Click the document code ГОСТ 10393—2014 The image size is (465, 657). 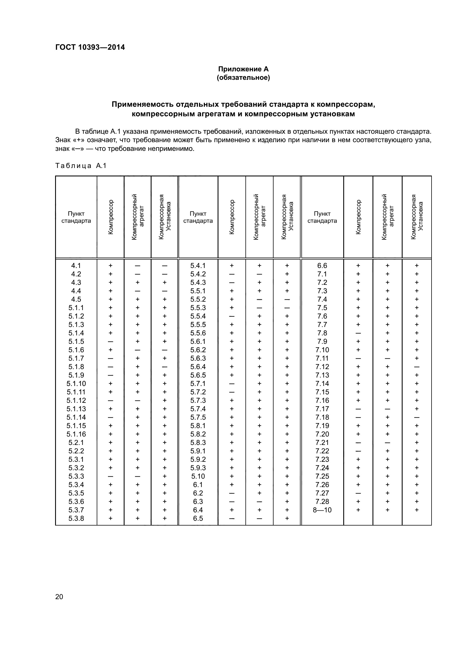[90, 47]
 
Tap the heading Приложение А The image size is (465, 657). [243, 69]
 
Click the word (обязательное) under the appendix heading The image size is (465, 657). [243, 78]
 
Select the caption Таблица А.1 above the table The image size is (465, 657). [81, 166]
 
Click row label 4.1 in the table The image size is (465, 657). [76, 265]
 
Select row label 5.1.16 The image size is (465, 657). [76, 434]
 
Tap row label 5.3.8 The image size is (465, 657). [76, 518]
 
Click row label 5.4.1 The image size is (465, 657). [198, 265]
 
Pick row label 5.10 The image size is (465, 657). [198, 476]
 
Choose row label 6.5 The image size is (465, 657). [198, 518]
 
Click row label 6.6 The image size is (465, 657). [322, 265]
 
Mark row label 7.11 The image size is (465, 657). [322, 358]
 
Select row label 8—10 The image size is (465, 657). [322, 510]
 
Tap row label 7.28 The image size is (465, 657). [322, 501]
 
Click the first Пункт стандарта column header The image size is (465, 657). [76, 217]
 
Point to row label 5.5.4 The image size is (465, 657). [198, 316]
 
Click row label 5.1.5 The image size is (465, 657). [76, 341]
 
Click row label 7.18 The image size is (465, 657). [322, 417]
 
